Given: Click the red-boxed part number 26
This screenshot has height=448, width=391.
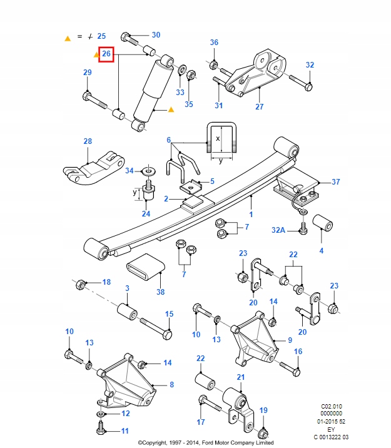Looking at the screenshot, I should click(x=106, y=54).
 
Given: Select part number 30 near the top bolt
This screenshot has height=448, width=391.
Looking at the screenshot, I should click(x=156, y=35).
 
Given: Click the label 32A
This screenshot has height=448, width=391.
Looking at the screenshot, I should click(x=278, y=230).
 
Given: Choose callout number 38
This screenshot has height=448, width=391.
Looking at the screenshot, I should click(x=161, y=292).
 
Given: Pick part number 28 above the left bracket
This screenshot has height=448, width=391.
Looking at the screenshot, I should click(x=88, y=141).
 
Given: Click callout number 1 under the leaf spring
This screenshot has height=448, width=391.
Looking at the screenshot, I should click(x=251, y=215).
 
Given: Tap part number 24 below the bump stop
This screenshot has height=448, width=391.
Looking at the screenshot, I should click(x=146, y=214).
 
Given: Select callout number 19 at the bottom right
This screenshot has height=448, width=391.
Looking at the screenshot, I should click(x=263, y=410).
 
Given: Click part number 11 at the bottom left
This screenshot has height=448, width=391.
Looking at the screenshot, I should click(x=124, y=431).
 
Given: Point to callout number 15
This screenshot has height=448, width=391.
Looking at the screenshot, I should click(x=168, y=314).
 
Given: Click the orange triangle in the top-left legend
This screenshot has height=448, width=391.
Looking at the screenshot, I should click(x=68, y=38).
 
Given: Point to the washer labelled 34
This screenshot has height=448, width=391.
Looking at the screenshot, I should click(x=148, y=170).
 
